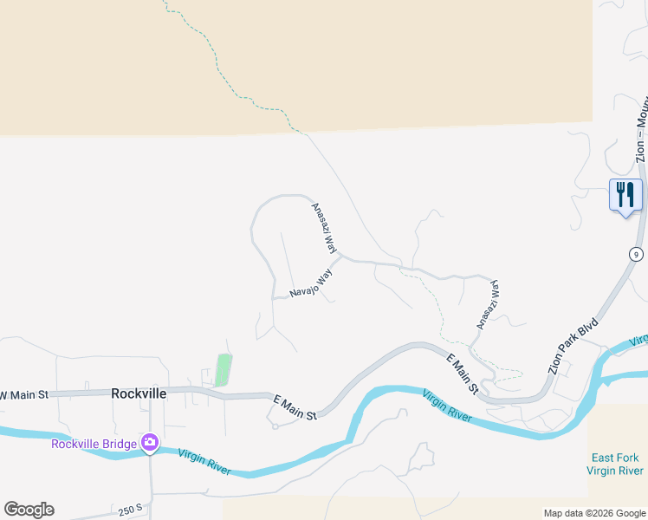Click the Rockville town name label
[x=139, y=393]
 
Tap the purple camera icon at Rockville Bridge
[x=150, y=443]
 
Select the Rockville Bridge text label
[x=94, y=444]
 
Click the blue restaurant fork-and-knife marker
[x=625, y=195]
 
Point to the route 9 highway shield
[x=637, y=254]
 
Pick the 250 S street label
[x=131, y=510]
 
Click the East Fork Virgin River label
[x=614, y=464]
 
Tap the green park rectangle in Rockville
[x=224, y=370]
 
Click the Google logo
[x=29, y=510]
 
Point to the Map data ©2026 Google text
[x=594, y=513]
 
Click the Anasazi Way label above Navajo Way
[x=324, y=228]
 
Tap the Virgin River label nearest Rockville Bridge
[x=205, y=461]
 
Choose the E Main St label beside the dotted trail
[x=463, y=374]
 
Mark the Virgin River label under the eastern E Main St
[x=447, y=406]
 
